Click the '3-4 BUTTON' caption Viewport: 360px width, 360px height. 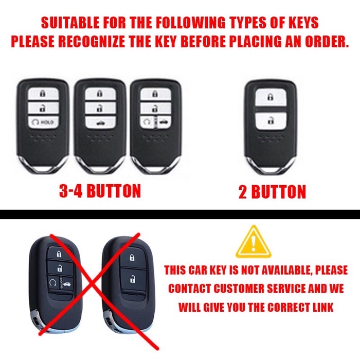point(100,191)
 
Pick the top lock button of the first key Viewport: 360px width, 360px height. point(42,94)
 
